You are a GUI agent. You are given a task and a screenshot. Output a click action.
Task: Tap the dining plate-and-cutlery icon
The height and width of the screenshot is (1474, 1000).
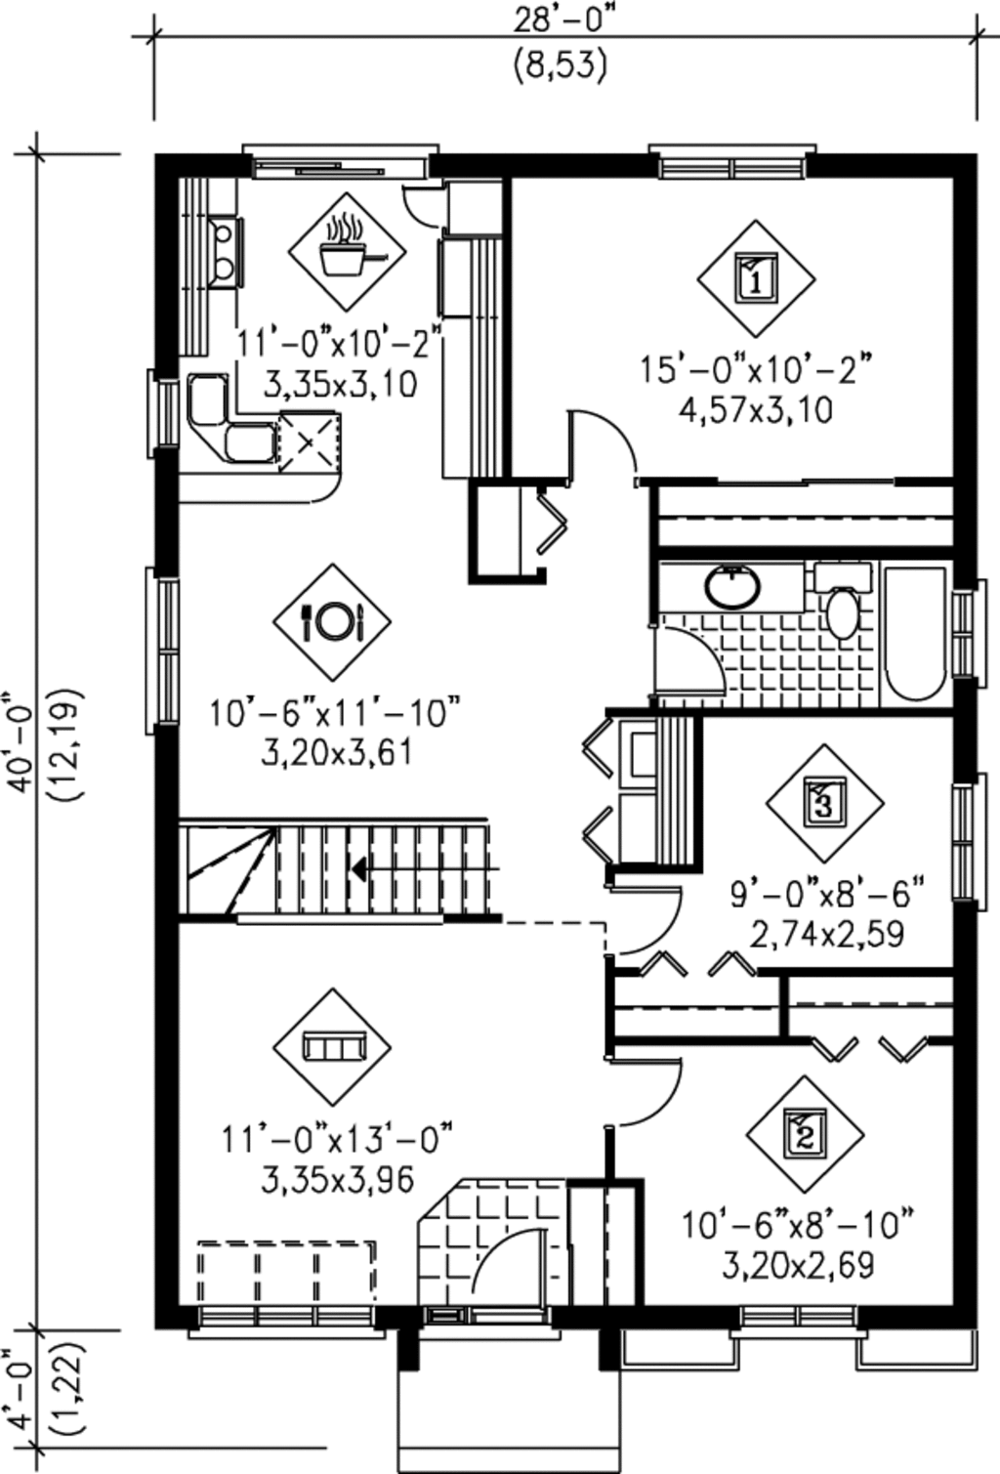[x=332, y=620]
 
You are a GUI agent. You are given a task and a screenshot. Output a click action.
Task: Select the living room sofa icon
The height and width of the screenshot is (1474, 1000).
[x=332, y=1047]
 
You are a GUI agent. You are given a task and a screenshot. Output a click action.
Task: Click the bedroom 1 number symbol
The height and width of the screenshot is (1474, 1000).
[x=756, y=278]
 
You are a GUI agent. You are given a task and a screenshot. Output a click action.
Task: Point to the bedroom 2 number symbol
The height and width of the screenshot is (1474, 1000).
[x=805, y=1134]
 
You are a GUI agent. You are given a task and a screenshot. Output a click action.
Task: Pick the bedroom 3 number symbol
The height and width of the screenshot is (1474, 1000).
[x=824, y=803]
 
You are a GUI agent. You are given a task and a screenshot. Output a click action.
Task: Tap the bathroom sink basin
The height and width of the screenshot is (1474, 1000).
[x=732, y=586]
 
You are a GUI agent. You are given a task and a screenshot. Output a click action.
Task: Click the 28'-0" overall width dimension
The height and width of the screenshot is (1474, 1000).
[x=562, y=18]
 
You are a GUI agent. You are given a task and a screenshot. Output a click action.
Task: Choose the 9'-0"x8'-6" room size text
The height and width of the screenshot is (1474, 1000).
[x=827, y=892]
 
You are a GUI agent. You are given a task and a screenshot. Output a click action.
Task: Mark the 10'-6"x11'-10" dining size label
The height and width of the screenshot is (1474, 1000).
[x=334, y=713]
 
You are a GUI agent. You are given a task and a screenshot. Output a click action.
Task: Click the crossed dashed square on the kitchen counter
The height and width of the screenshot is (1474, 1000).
[x=310, y=442]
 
